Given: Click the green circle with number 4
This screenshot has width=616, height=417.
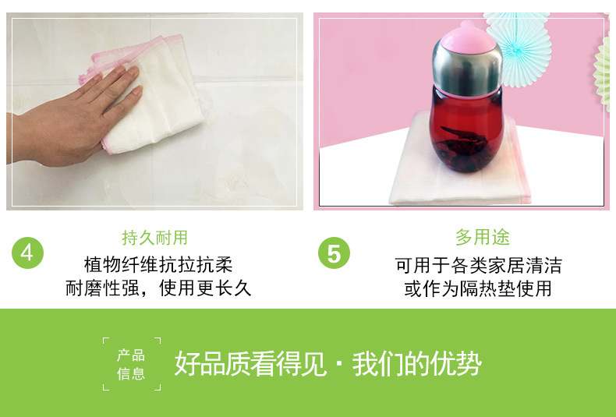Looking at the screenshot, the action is point(27,253).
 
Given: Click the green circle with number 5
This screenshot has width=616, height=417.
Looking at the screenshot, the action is point(334,253).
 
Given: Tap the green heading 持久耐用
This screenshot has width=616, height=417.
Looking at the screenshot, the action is point(155,238).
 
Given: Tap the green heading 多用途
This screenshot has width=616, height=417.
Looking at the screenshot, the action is point(483,237).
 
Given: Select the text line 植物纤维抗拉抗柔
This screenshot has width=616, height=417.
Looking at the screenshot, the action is point(158,265).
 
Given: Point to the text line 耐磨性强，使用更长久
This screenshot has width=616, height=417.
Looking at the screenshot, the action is point(158,288).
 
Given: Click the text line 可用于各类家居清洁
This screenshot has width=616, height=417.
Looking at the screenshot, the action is point(479,266).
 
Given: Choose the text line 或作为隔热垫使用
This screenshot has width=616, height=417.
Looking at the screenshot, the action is point(478,288).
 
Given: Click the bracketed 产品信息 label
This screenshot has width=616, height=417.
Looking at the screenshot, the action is point(132,364).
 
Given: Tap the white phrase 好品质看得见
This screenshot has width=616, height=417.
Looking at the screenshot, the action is point(250,364).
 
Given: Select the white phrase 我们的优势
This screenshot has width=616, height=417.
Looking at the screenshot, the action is point(417,364).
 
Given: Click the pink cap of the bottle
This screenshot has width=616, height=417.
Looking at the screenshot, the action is point(467,38).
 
